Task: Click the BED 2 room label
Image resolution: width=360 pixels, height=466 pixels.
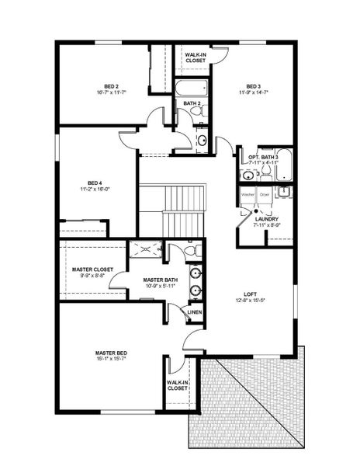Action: pyautogui.click(x=111, y=85)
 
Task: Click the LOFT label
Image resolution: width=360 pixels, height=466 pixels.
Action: pyautogui.click(x=250, y=294)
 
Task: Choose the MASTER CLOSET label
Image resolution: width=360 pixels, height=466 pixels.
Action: pyautogui.click(x=92, y=270)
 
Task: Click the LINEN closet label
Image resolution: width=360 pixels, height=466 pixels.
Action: pyautogui.click(x=195, y=312)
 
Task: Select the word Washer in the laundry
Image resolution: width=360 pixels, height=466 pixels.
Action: pyautogui.click(x=247, y=193)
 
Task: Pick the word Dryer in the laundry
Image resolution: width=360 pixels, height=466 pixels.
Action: pyautogui.click(x=265, y=193)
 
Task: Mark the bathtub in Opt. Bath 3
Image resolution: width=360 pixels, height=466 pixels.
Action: pyautogui.click(x=283, y=164)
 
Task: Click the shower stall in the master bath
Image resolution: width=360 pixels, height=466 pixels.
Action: pyautogui.click(x=146, y=249)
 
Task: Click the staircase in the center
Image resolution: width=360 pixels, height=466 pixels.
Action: pyautogui.click(x=172, y=210)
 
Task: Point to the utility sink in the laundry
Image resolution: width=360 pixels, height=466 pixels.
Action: pyautogui.click(x=285, y=192)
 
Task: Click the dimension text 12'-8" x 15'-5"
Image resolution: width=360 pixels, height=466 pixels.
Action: pyautogui.click(x=250, y=301)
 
